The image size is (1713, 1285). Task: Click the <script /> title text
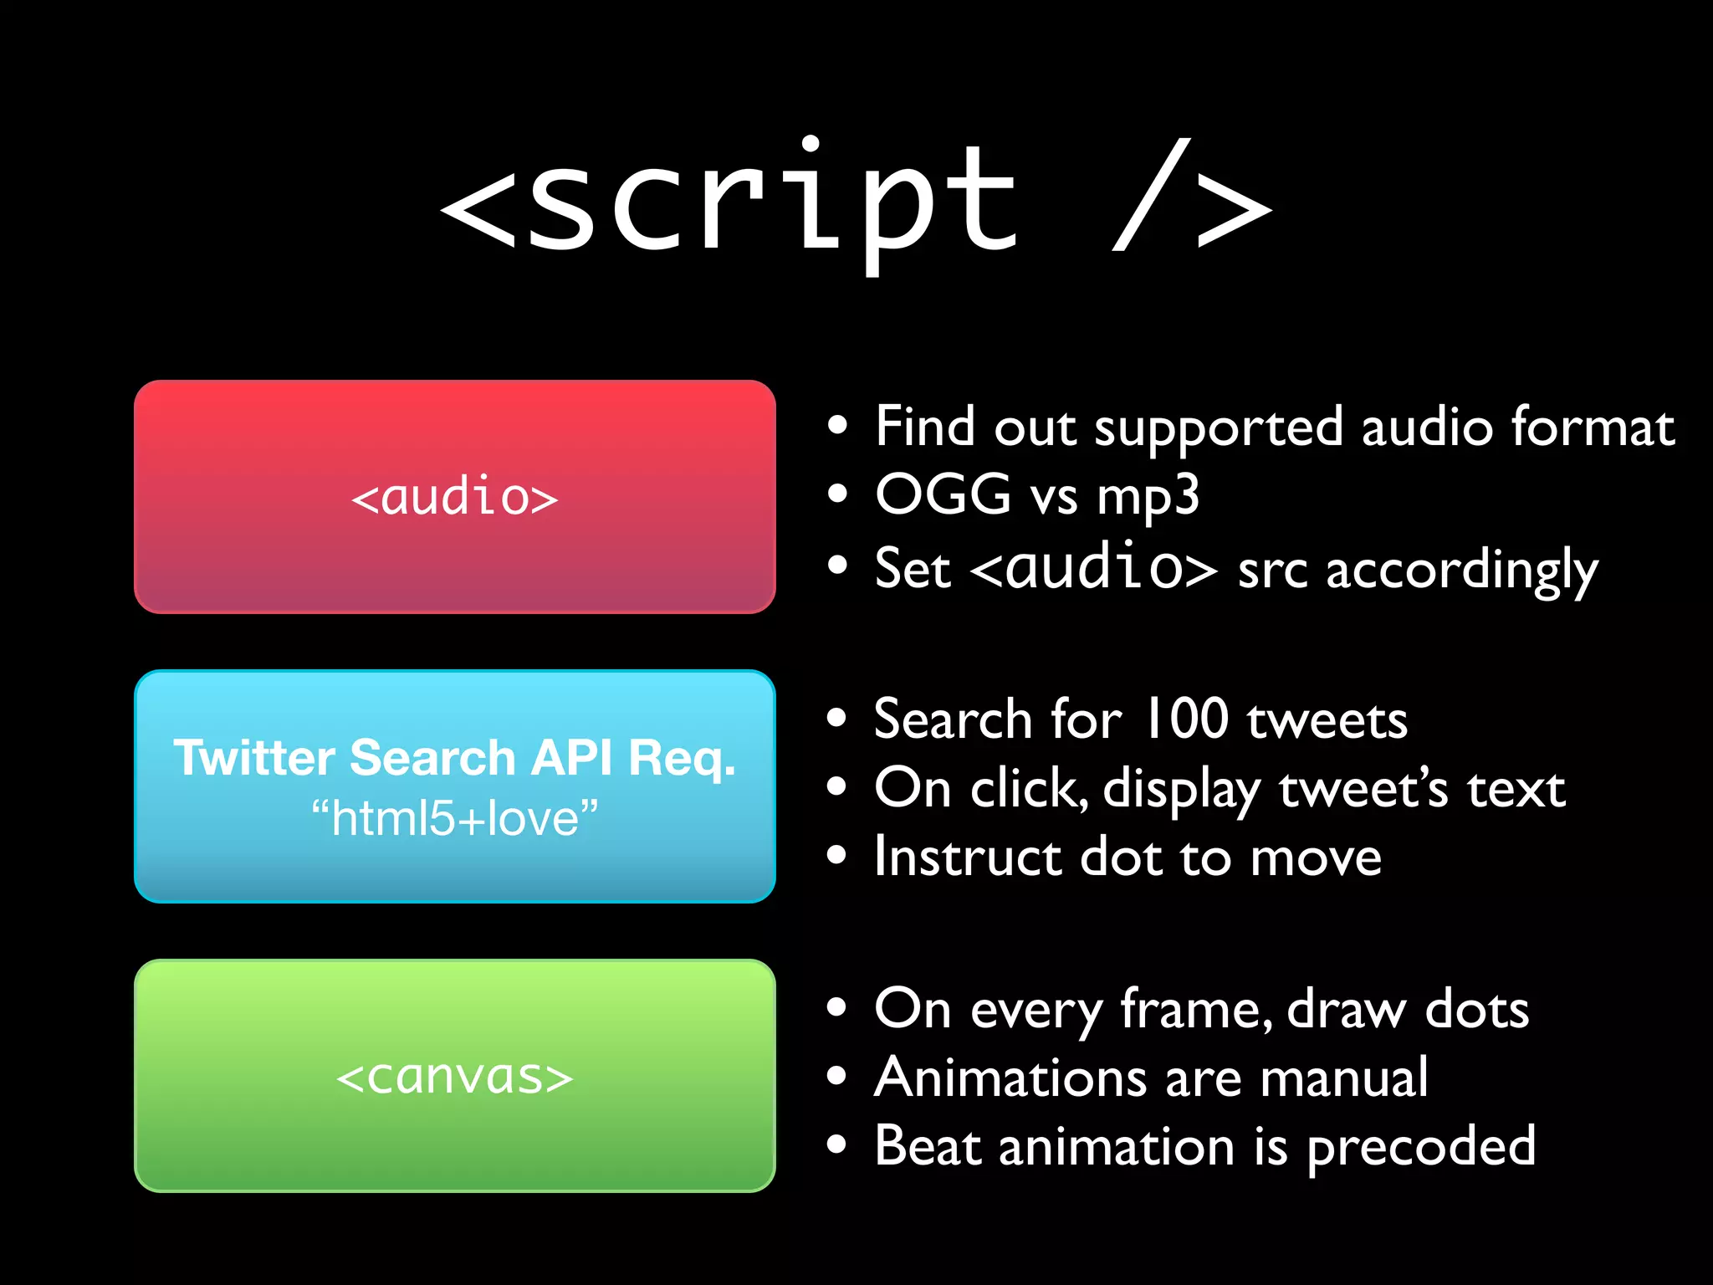[x=855, y=201]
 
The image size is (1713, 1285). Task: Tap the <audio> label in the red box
[x=454, y=497]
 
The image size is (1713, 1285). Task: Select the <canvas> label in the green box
[x=454, y=1077]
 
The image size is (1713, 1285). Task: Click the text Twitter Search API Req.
[x=454, y=758]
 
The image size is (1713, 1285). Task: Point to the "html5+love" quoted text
[x=454, y=818]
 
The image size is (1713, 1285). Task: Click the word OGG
[x=943, y=494]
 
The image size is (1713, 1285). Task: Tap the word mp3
[x=1148, y=496]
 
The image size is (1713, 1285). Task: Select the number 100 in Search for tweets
[x=1185, y=719]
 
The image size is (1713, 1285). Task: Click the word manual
[x=1344, y=1078]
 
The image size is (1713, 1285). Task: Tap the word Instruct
[x=967, y=858]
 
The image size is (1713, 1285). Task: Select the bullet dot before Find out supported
[x=837, y=426]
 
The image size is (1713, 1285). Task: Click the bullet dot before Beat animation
[x=837, y=1144]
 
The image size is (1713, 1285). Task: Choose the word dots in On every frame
[x=1477, y=1009]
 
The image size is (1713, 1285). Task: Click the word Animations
[x=1010, y=1078]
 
